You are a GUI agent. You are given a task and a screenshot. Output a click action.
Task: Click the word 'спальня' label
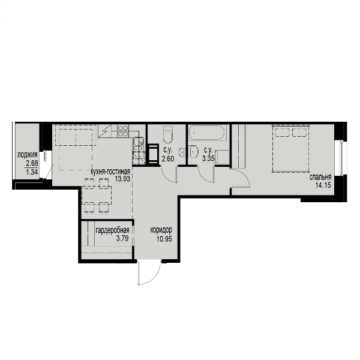[x=320, y=177]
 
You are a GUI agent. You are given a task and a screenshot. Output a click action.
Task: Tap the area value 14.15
[x=323, y=185]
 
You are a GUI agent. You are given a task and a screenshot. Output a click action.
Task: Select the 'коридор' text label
[x=161, y=230]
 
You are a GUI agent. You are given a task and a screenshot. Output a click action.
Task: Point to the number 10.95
[x=164, y=239]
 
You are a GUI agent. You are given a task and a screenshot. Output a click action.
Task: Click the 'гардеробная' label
[x=112, y=230]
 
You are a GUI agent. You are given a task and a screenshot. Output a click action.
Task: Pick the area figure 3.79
[x=122, y=238]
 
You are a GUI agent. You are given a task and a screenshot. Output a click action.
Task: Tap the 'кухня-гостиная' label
[x=110, y=172]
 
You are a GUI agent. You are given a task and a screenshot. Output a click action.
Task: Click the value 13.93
[x=122, y=179]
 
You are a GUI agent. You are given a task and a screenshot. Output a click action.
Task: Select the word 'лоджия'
[x=28, y=155]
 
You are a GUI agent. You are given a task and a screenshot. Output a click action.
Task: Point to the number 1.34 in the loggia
[x=32, y=172]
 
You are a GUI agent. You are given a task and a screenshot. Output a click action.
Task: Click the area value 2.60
[x=168, y=159]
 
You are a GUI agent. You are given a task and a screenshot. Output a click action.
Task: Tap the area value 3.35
[x=208, y=158]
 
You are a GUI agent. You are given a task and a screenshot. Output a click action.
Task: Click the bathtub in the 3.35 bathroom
[x=208, y=133]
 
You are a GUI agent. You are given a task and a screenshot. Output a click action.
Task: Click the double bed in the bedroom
[x=291, y=149]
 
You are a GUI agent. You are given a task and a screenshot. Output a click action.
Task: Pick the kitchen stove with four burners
[x=123, y=131]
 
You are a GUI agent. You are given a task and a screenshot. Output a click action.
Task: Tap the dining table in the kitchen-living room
[x=97, y=196]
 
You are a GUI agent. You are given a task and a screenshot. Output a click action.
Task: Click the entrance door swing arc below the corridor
[x=154, y=278]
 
